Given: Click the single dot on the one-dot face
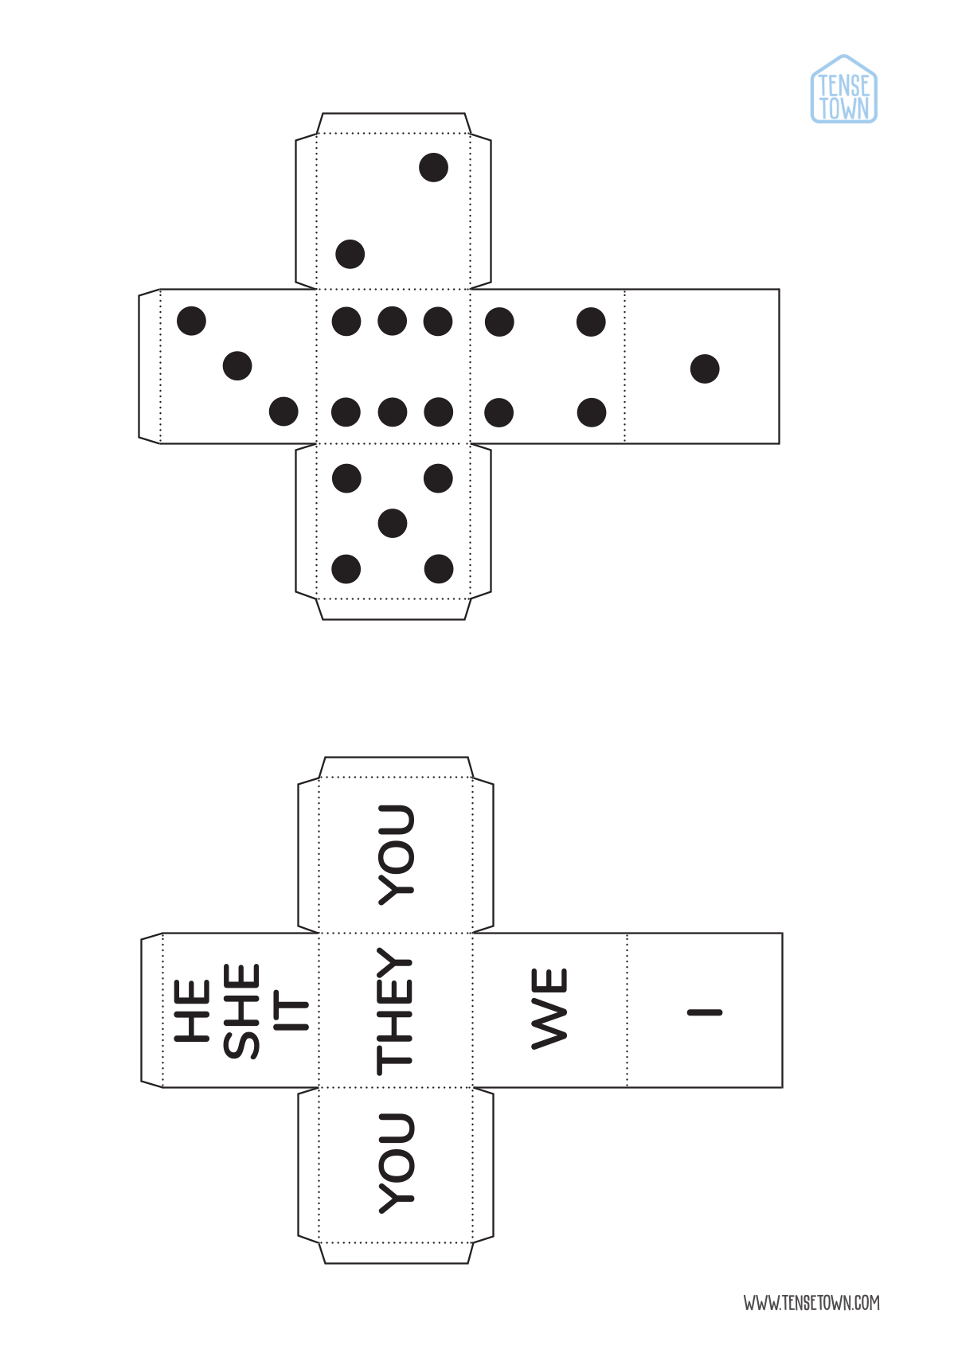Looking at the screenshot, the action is click(x=705, y=368).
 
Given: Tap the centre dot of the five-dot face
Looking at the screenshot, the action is click(x=393, y=523).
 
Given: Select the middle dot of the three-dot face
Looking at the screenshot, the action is click(x=237, y=365).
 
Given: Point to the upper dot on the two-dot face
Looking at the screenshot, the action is click(x=433, y=167).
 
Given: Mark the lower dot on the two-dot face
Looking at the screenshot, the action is click(x=350, y=254).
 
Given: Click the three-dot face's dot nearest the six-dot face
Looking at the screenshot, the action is click(x=283, y=411).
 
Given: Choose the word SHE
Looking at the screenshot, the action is click(x=241, y=1012).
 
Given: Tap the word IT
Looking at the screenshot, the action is click(x=291, y=1010).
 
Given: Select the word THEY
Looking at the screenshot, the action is click(x=395, y=1011).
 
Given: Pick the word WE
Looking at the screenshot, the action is click(x=549, y=1010).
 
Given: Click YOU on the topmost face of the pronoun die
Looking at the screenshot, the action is click(x=396, y=855).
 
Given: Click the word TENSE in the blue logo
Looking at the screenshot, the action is click(x=844, y=85).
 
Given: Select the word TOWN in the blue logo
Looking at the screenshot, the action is click(x=844, y=109).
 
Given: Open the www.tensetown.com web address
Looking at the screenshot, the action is click(x=811, y=1303).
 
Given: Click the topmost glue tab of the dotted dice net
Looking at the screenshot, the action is click(x=393, y=123).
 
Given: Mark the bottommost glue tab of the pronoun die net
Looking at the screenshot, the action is click(x=396, y=1253).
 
